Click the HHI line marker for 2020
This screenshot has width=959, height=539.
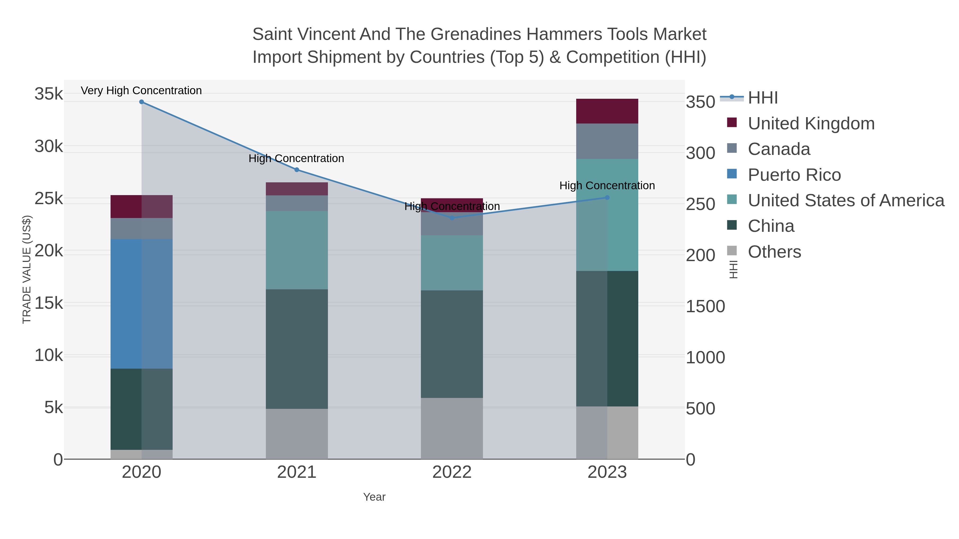tap(141, 102)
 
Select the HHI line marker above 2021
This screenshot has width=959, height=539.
tap(297, 170)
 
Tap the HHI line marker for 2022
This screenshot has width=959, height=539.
tap(452, 218)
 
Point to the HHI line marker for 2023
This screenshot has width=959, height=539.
tap(607, 198)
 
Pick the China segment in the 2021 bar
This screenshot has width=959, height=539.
tap(297, 349)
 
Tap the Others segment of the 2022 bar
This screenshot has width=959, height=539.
tap(452, 429)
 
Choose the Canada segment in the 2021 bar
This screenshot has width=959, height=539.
tap(297, 203)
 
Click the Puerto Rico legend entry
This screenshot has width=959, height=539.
tap(794, 175)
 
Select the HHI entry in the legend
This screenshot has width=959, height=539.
tap(762, 98)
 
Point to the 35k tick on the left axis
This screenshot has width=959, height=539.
tap(49, 94)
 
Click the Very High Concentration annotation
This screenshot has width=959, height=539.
tap(141, 90)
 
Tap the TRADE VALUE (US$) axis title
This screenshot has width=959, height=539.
tap(27, 269)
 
